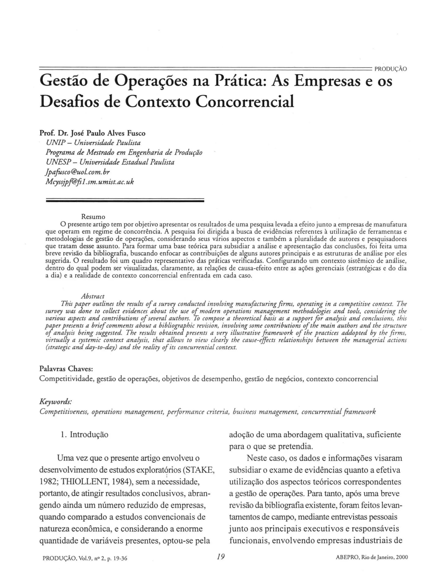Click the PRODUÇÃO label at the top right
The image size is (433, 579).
click(x=390, y=69)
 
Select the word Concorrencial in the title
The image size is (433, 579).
click(x=245, y=102)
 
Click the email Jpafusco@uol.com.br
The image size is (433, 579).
click(x=78, y=172)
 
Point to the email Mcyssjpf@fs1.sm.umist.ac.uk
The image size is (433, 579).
click(x=90, y=182)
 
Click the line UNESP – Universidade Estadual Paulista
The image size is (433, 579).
click(x=110, y=162)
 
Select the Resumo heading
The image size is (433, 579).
click(x=93, y=217)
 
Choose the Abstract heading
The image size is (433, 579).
click(x=93, y=296)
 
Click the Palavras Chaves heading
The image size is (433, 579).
click(x=66, y=369)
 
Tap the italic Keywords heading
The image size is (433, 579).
click(x=56, y=402)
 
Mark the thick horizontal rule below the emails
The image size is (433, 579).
click(x=125, y=200)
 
